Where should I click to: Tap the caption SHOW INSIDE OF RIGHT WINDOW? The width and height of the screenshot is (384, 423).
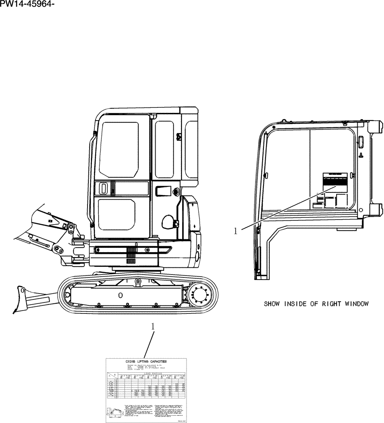(x=316, y=304)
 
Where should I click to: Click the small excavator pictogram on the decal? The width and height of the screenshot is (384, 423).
(x=114, y=412)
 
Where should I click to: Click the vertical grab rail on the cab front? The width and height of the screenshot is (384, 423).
(x=91, y=178)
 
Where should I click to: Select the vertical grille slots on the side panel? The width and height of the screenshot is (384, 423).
(x=130, y=256)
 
